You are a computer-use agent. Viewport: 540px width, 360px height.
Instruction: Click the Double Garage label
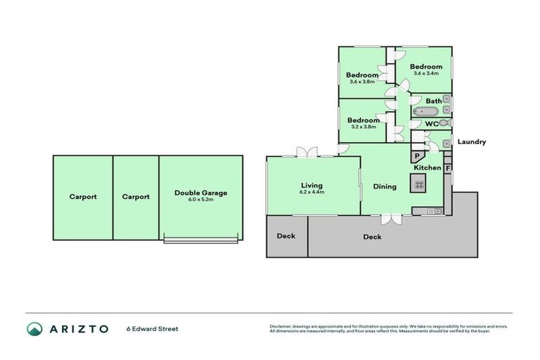pyautogui.click(x=201, y=192)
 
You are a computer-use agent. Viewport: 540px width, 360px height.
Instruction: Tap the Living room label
pyautogui.click(x=311, y=185)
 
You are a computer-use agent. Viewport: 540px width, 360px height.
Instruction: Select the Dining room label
pyautogui.click(x=385, y=186)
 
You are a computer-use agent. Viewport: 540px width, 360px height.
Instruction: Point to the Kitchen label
pyautogui.click(x=427, y=168)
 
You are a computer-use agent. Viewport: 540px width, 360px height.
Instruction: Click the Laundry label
pyautogui.click(x=471, y=142)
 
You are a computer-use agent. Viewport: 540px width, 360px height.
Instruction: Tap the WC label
pyautogui.click(x=432, y=124)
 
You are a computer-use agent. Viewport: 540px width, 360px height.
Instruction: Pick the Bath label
pyautogui.click(x=434, y=101)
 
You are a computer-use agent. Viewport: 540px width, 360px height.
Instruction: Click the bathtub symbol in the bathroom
pyautogui.click(x=424, y=112)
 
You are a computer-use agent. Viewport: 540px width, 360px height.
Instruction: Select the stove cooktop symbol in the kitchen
pyautogui.click(x=419, y=185)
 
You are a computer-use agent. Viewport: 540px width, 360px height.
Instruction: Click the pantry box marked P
pyautogui.click(x=416, y=157)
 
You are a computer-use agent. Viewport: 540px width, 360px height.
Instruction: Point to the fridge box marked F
pyautogui.click(x=447, y=169)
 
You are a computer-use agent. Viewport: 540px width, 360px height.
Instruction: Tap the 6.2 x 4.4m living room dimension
pyautogui.click(x=311, y=192)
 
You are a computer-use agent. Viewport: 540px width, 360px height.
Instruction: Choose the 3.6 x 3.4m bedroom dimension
pyautogui.click(x=426, y=73)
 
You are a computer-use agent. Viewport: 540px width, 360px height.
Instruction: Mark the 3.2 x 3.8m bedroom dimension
pyautogui.click(x=363, y=127)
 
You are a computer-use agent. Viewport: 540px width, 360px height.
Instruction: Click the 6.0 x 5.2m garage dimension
pyautogui.click(x=201, y=200)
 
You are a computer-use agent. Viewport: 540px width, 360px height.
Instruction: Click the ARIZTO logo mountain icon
pyautogui.click(x=34, y=328)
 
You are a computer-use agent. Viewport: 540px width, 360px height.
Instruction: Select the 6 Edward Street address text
pyautogui.click(x=152, y=328)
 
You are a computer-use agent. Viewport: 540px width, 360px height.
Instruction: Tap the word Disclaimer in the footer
pyautogui.click(x=281, y=326)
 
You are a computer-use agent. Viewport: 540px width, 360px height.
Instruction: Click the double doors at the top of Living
pyautogui.click(x=307, y=153)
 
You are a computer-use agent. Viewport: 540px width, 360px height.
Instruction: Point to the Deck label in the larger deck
pyautogui.click(x=372, y=237)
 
